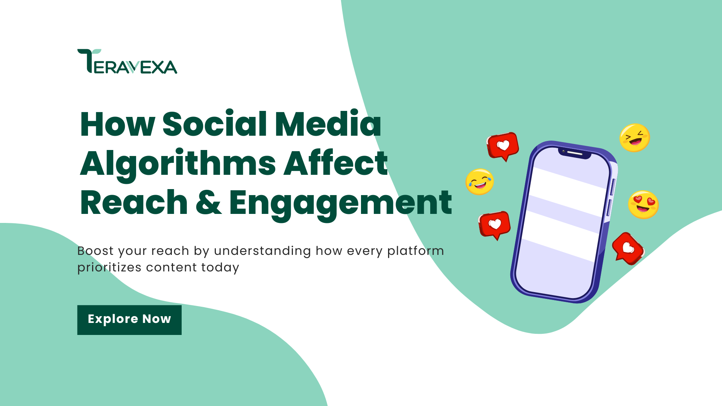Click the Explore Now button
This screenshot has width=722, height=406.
[x=129, y=320]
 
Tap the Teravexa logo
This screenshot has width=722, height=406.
[x=127, y=62]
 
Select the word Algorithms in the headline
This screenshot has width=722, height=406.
[x=178, y=164]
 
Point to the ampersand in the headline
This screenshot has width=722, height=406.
[x=208, y=203]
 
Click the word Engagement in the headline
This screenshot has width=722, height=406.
[x=340, y=203]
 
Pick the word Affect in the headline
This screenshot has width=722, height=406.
[x=335, y=163]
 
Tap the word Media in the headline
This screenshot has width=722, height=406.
[x=328, y=124]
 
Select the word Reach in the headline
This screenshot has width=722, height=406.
[x=134, y=203]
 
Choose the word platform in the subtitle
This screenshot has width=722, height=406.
[x=416, y=251]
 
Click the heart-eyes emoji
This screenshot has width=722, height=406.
[x=643, y=205]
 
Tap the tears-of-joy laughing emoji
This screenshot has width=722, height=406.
[x=479, y=182]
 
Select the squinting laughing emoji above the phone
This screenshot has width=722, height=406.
[x=634, y=138]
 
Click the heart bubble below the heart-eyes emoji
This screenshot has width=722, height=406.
[x=628, y=248]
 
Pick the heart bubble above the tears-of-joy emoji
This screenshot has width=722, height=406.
[x=503, y=145]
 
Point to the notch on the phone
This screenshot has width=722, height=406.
[x=574, y=153]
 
